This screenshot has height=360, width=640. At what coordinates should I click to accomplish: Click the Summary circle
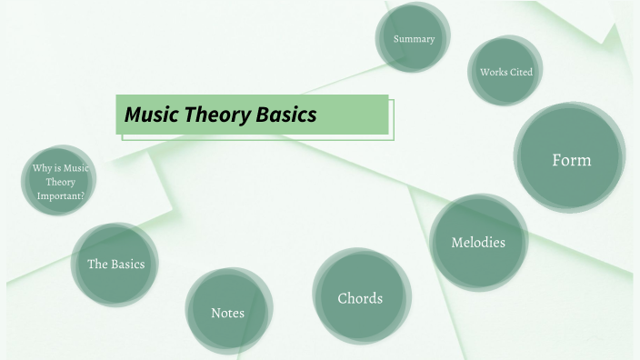[x=414, y=38]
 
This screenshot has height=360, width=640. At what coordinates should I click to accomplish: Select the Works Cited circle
[x=505, y=71]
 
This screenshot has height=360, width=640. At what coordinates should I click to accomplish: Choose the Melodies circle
[x=478, y=241]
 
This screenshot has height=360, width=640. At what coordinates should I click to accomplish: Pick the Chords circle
[x=361, y=297]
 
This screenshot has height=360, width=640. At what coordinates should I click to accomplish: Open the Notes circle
[x=228, y=312]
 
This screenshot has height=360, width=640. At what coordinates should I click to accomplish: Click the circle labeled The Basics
[x=115, y=264]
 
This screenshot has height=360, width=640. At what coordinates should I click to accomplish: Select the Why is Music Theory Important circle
[x=60, y=181]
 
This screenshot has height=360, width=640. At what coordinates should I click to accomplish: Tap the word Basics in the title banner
[x=285, y=115]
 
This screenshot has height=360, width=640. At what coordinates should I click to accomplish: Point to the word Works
[x=494, y=72]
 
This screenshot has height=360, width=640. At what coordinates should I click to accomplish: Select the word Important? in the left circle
[x=61, y=195]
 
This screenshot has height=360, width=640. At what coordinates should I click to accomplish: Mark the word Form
[x=572, y=160]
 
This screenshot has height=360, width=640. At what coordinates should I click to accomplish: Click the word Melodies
[x=478, y=242]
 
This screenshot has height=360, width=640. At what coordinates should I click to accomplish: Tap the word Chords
[x=360, y=298]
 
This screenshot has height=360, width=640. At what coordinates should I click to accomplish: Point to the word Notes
[x=227, y=313]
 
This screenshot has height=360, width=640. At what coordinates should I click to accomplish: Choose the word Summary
[x=414, y=39]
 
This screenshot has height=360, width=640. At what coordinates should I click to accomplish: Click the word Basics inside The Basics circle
[x=128, y=265]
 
